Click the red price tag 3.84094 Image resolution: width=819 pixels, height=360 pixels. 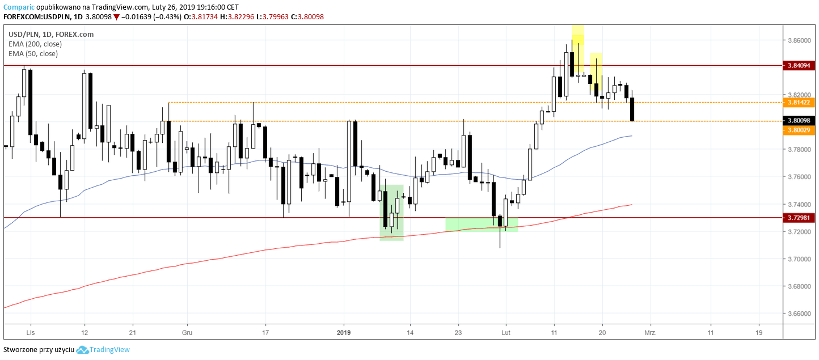799,66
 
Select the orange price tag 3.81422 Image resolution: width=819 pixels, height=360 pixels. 799,103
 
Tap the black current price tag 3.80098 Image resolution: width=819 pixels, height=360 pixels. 799,121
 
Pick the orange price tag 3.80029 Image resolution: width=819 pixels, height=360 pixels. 799,130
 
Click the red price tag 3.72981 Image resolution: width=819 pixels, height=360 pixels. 799,218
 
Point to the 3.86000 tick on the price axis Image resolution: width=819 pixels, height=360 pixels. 799,41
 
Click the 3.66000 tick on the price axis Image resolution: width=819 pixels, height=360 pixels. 799,314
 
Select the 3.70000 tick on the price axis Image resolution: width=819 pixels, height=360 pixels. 799,259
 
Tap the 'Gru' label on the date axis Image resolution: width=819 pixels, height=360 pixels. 186,333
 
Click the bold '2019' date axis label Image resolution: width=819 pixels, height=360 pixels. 344,333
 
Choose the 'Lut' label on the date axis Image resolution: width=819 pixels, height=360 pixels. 505,333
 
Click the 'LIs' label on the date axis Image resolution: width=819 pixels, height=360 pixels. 31,333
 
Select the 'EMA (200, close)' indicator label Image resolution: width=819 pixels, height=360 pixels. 35,44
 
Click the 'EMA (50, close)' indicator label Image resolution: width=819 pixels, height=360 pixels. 33,54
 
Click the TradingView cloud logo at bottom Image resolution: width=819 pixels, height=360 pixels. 82,350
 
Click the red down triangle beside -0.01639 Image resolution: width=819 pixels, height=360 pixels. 116,17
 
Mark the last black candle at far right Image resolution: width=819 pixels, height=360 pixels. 632,109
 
